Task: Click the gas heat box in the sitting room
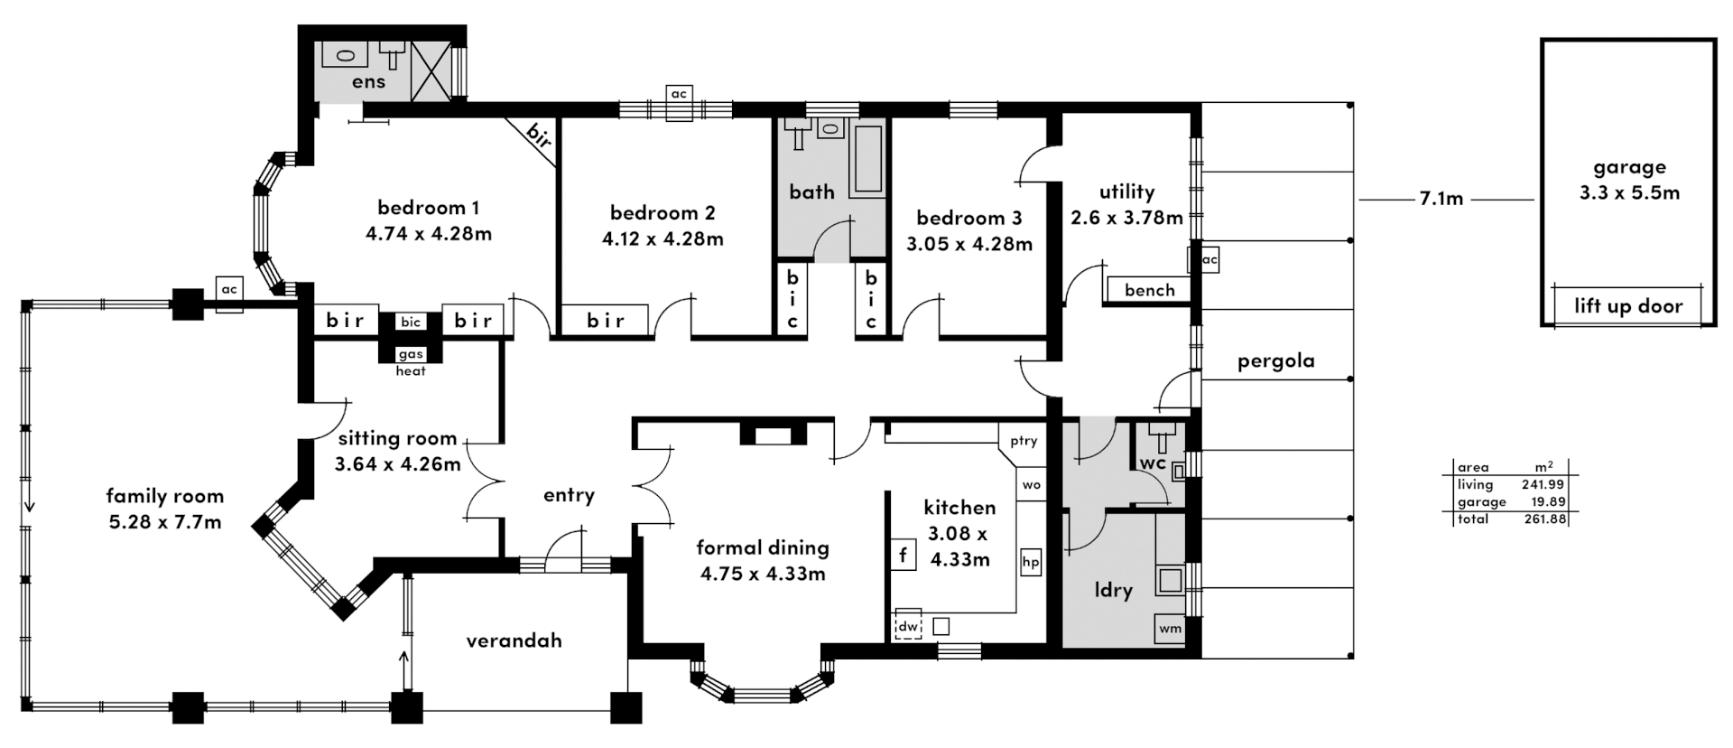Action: (411, 354)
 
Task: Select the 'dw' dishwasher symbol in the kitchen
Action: (907, 626)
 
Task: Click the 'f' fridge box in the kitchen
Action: (903, 554)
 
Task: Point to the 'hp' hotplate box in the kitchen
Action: (1031, 562)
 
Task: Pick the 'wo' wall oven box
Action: (1032, 484)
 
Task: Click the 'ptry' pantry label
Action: (1024, 441)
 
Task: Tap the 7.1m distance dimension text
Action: (1441, 199)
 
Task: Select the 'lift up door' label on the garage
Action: (1628, 305)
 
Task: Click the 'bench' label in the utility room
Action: (1150, 290)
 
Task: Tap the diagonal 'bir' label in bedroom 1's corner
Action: (538, 138)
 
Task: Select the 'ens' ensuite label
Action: (368, 82)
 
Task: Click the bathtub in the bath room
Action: (868, 159)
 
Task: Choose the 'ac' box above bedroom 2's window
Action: (679, 94)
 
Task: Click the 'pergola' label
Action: (1275, 361)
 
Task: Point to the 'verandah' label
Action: (514, 640)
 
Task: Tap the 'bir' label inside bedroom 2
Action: (606, 320)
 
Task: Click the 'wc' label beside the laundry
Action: (1153, 463)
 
